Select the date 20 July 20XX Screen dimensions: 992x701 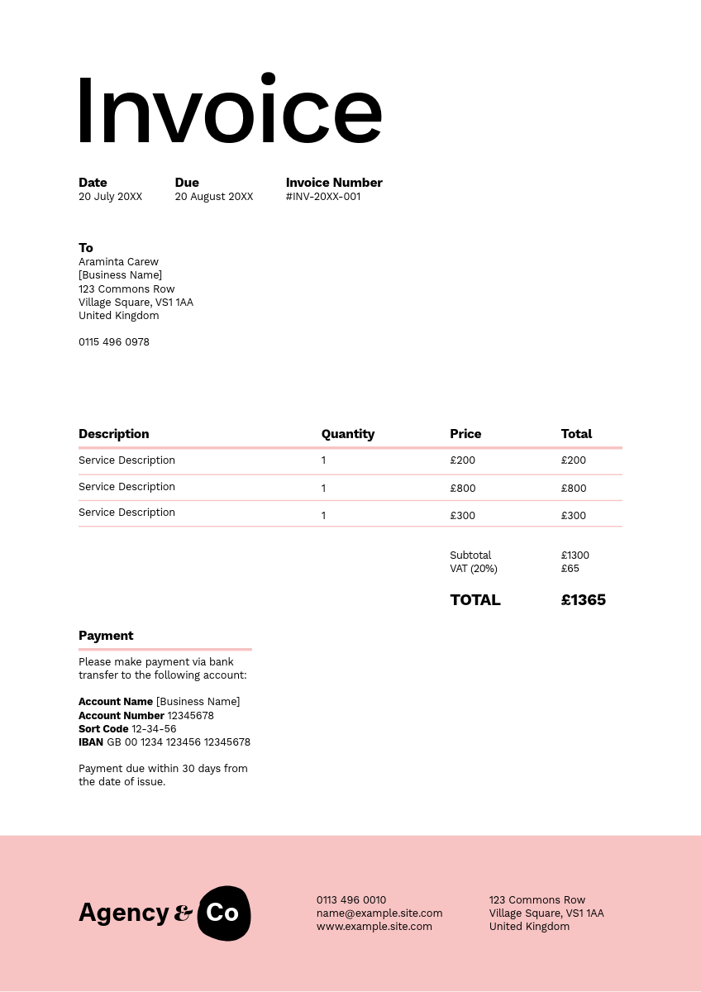pos(110,197)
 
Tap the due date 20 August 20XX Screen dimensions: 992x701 pos(214,197)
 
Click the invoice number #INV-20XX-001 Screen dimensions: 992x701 pos(323,197)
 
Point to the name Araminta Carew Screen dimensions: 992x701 pos(118,262)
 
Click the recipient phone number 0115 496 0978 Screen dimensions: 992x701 pos(114,342)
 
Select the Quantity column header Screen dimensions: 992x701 pos(348,434)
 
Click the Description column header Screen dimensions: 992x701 pos(114,434)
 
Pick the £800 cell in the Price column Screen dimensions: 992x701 pos(463,489)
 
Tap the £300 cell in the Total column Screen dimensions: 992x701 pos(574,516)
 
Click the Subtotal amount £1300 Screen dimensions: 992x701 pos(575,556)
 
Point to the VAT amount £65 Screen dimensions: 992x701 pos(570,569)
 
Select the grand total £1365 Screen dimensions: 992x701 pos(584,600)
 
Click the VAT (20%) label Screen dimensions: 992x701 pos(474,569)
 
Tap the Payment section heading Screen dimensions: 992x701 pos(106,636)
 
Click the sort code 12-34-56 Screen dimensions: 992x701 pos(154,729)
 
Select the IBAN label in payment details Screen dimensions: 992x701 pos(91,742)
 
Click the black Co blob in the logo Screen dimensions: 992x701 pos(223,913)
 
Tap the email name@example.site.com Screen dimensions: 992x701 pos(379,913)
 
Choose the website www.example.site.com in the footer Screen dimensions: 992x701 pos(374,927)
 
